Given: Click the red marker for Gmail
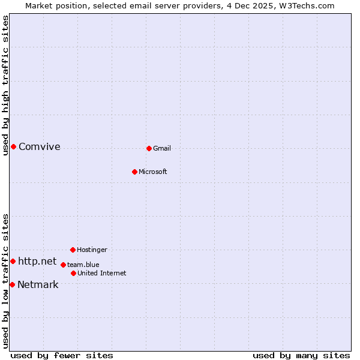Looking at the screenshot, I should pos(149,148).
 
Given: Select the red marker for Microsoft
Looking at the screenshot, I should pos(135,172).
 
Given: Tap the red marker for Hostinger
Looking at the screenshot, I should pos(73,250).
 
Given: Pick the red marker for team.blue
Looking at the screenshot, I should pos(63,265).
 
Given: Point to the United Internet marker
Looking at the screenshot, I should pos(73,273).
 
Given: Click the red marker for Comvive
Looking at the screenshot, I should pos(13,146).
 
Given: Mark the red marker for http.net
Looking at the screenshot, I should pos(13,261).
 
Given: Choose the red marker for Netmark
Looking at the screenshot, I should pos(12,284).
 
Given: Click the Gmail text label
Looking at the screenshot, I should pos(162,148).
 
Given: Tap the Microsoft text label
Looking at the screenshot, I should pos(153,172).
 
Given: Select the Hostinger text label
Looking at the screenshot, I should pos(92,250).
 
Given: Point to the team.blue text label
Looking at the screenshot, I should pos(83,265).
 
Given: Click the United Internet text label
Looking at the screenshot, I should pos(102,273).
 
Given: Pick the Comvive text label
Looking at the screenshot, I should pos(40,146).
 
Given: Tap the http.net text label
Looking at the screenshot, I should pos(37,261).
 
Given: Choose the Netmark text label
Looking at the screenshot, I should pos(38,284).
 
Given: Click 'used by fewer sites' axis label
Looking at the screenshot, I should pos(62,355).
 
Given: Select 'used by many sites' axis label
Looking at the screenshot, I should pos(301,355).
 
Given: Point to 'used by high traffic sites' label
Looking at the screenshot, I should pos(5,85).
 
